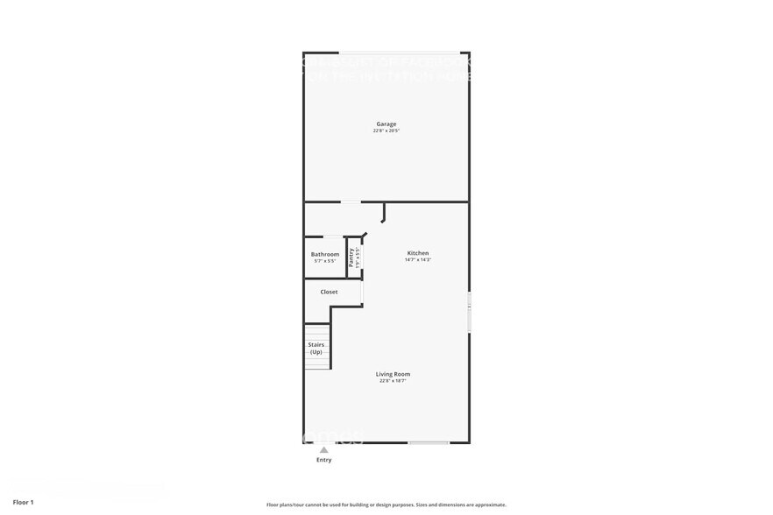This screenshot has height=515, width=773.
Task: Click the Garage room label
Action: point(386,123)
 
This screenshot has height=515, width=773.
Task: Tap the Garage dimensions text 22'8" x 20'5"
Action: point(386,131)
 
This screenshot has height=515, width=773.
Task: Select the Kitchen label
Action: point(417,253)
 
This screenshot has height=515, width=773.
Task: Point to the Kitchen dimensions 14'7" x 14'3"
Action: point(417,260)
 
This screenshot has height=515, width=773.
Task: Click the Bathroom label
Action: point(325,254)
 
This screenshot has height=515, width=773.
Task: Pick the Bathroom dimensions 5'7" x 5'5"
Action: point(325,261)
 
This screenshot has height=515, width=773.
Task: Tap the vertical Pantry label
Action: point(351,257)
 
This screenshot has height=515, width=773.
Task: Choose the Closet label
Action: point(329,292)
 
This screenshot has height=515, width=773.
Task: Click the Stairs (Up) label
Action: point(316,349)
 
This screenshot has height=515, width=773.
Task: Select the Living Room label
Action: point(394,374)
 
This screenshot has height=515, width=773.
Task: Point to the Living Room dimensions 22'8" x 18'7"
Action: point(394,381)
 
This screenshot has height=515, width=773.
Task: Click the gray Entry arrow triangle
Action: point(323,450)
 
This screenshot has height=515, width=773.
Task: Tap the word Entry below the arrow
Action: point(323,460)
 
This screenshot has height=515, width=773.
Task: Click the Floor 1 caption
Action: point(23,503)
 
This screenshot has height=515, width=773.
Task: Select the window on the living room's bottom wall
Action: point(429,442)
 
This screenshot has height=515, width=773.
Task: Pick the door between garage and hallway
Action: point(351,202)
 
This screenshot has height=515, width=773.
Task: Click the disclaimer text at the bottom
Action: point(386,505)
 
